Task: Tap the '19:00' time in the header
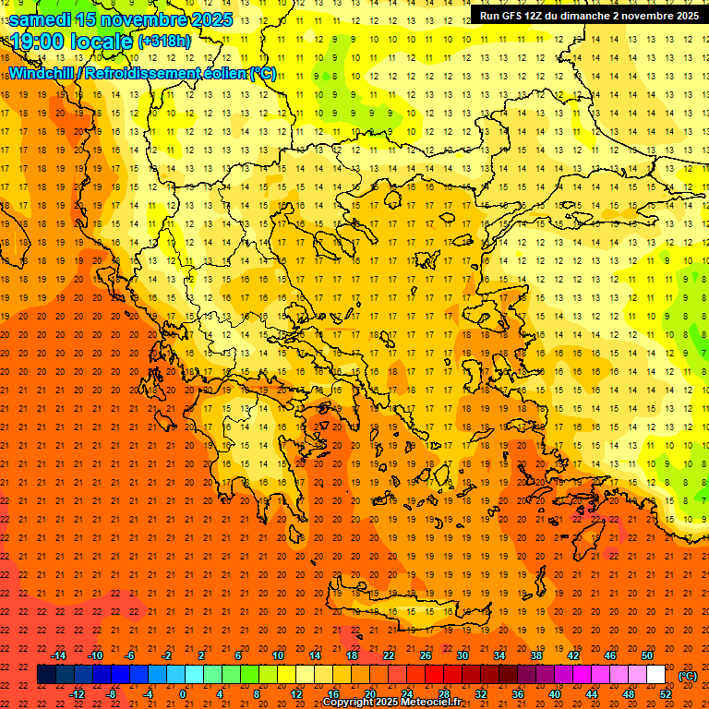(x=39, y=42)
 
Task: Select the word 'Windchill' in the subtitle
(x=42, y=73)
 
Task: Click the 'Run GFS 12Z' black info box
(x=588, y=16)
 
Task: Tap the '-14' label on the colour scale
(x=58, y=655)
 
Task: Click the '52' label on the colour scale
(x=666, y=693)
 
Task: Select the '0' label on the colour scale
(x=184, y=693)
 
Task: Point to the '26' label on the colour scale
(x=426, y=655)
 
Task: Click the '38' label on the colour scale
(x=536, y=655)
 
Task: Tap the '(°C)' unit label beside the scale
(x=688, y=675)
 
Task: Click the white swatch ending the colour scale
(x=655, y=675)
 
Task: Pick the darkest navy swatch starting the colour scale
(x=46, y=675)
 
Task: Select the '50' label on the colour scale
(x=647, y=655)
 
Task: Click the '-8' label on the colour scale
(x=112, y=693)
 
